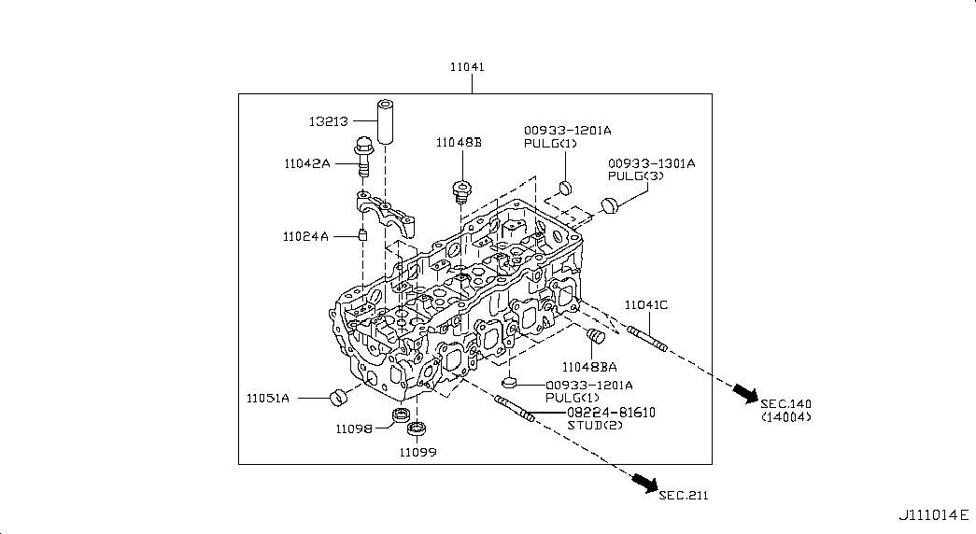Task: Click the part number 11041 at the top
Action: [x=472, y=68]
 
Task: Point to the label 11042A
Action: [x=307, y=163]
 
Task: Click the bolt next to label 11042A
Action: [x=363, y=158]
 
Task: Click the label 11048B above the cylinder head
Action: [x=458, y=143]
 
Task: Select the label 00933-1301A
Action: [x=651, y=162]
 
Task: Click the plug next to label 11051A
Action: [x=337, y=398]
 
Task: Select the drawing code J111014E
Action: [x=932, y=514]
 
